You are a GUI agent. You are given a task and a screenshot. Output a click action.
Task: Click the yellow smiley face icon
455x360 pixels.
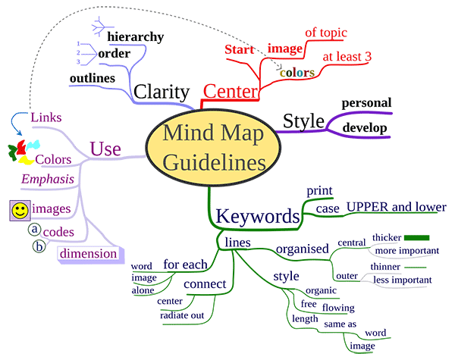click(x=20, y=211)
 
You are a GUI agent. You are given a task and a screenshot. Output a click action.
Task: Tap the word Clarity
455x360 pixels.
click(x=161, y=91)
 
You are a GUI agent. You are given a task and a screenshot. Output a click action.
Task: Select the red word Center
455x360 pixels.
click(x=231, y=92)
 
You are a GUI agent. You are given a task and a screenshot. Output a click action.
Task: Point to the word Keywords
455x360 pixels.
click(x=257, y=216)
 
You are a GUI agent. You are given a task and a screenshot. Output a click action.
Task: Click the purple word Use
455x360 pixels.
click(x=105, y=149)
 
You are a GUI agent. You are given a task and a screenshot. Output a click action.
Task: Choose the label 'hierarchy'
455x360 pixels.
click(x=135, y=36)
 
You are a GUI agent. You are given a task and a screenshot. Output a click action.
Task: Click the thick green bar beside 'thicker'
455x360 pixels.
click(x=417, y=237)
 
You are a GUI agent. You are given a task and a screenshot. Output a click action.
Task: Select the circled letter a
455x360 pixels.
click(x=34, y=229)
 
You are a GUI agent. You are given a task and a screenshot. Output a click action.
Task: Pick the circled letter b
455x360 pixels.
click(x=38, y=246)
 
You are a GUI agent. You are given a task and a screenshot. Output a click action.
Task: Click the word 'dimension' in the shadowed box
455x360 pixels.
click(x=89, y=253)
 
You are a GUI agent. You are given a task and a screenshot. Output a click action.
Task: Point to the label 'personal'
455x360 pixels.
click(x=366, y=102)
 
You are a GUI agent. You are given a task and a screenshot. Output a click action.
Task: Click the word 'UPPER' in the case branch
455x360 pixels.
click(x=367, y=207)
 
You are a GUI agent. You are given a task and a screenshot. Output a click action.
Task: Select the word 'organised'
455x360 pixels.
click(x=302, y=248)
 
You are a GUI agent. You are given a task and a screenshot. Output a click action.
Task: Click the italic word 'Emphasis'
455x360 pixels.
click(x=48, y=180)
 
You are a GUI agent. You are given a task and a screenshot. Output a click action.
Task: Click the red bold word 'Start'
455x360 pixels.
click(x=243, y=51)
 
